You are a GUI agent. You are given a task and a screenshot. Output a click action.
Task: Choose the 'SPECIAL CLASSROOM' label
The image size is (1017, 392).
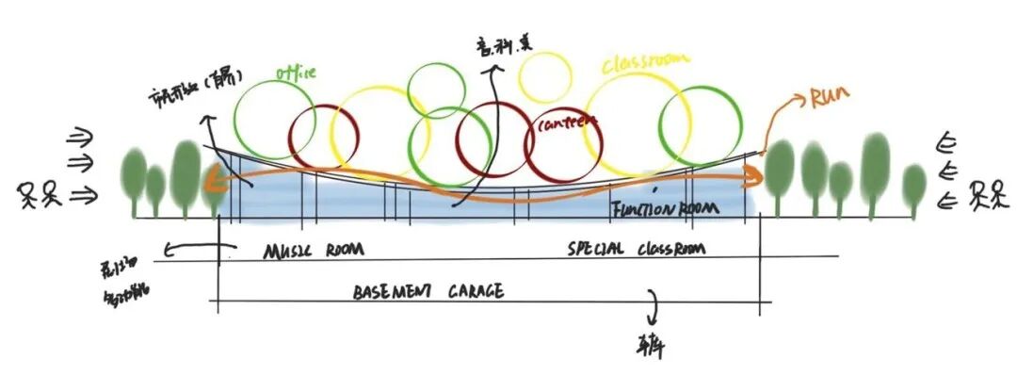[x=637, y=250]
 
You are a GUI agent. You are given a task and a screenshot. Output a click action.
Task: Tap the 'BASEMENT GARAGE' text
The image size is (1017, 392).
[x=428, y=291]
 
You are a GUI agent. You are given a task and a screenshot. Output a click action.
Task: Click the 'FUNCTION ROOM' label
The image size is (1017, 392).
[x=665, y=208]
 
